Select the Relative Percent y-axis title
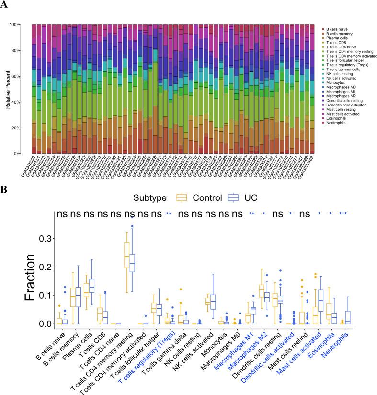tap(8, 89)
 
